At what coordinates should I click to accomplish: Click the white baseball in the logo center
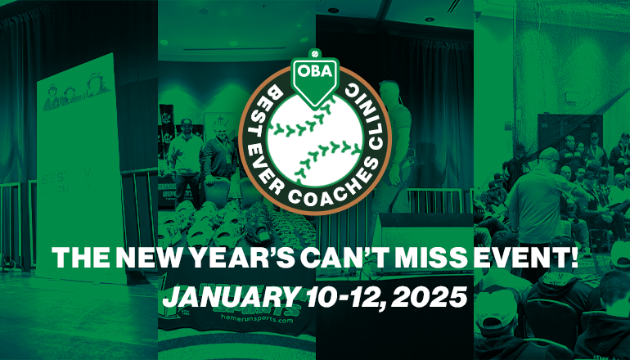tap(315, 135)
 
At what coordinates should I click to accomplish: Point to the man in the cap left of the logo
tap(187, 147)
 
